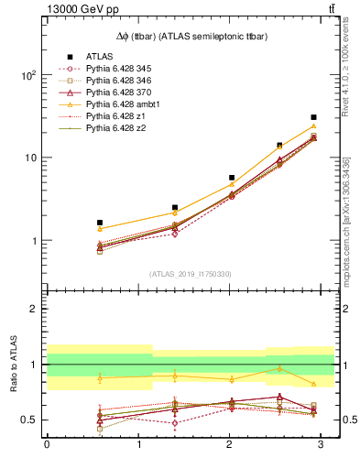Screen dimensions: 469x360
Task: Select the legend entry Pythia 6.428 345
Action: coord(122,69)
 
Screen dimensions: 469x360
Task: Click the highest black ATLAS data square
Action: coord(313,117)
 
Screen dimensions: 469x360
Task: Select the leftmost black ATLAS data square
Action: coord(100,223)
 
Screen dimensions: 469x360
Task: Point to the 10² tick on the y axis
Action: coord(29,75)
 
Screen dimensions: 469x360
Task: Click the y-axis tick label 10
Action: coord(32,158)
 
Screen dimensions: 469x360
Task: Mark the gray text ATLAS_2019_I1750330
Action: coord(190,274)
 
